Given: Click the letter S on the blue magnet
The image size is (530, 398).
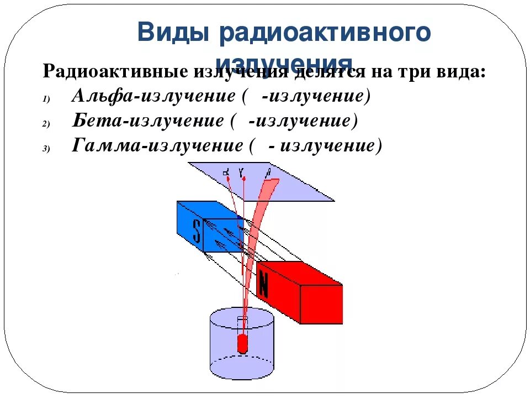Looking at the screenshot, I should (197, 232).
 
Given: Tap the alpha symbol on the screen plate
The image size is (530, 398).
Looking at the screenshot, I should (226, 173).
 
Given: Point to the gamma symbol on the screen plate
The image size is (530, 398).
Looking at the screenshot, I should (241, 172).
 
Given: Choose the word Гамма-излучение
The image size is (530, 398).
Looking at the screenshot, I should (157, 145).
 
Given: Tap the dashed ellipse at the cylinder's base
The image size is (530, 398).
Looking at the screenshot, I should (242, 365).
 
